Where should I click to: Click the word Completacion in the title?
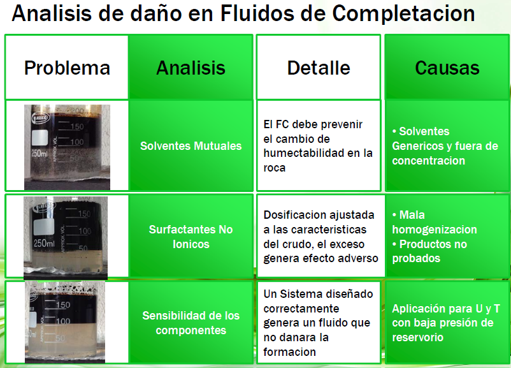click(403, 13)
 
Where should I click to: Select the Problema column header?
click(67, 68)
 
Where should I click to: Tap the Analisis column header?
click(191, 68)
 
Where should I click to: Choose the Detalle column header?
click(319, 68)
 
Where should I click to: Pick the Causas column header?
click(447, 68)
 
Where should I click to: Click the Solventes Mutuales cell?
click(191, 146)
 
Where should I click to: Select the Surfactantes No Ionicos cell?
click(191, 237)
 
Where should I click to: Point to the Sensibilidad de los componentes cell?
click(191, 323)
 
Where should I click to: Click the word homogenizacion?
click(435, 230)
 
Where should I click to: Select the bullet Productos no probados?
click(429, 251)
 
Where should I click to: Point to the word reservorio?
click(417, 337)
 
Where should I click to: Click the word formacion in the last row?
click(289, 352)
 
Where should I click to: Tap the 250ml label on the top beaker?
click(39, 152)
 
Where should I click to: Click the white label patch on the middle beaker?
click(44, 227)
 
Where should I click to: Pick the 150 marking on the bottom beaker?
click(63, 305)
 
